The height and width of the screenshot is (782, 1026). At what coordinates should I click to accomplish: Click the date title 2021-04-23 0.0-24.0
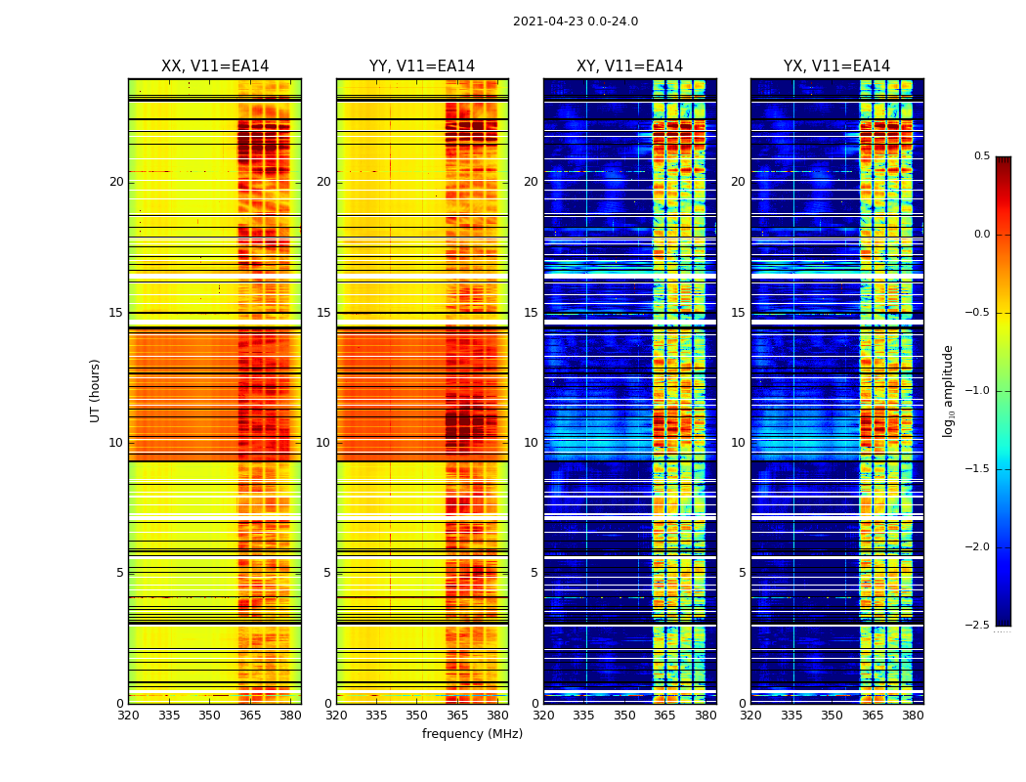point(575,22)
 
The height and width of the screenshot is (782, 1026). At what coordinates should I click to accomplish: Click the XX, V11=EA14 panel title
point(215,66)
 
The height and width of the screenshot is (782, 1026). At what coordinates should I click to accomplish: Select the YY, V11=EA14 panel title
point(422,66)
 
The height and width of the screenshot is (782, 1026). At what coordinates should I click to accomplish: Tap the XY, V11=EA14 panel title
point(629,66)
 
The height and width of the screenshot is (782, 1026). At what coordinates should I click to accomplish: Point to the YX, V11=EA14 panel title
point(836,66)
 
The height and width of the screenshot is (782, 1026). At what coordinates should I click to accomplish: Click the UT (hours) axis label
point(95,390)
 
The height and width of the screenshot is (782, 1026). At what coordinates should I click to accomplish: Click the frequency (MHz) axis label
point(472,734)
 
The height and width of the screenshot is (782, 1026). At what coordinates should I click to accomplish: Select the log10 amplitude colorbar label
point(947,390)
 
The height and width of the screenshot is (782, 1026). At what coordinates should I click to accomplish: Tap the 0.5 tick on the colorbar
point(981,156)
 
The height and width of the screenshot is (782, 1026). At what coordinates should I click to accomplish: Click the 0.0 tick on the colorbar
point(981,235)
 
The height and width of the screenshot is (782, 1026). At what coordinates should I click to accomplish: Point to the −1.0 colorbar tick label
point(978,391)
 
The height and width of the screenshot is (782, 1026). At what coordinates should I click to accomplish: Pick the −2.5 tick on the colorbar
point(978,626)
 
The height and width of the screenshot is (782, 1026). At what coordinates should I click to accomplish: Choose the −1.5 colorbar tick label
point(978,469)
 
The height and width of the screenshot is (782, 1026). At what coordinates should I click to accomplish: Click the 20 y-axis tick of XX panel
point(116,182)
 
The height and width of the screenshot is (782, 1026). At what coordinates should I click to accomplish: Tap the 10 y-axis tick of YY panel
point(323,443)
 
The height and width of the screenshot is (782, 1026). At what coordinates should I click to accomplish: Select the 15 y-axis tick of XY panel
point(531,313)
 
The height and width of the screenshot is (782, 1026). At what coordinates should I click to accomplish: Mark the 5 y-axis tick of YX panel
point(743,573)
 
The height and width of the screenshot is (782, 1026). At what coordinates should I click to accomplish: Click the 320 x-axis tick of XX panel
point(128,716)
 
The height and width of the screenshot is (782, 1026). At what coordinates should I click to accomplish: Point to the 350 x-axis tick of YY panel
point(417,716)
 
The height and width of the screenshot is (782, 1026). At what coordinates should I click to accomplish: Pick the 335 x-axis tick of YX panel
point(791,716)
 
